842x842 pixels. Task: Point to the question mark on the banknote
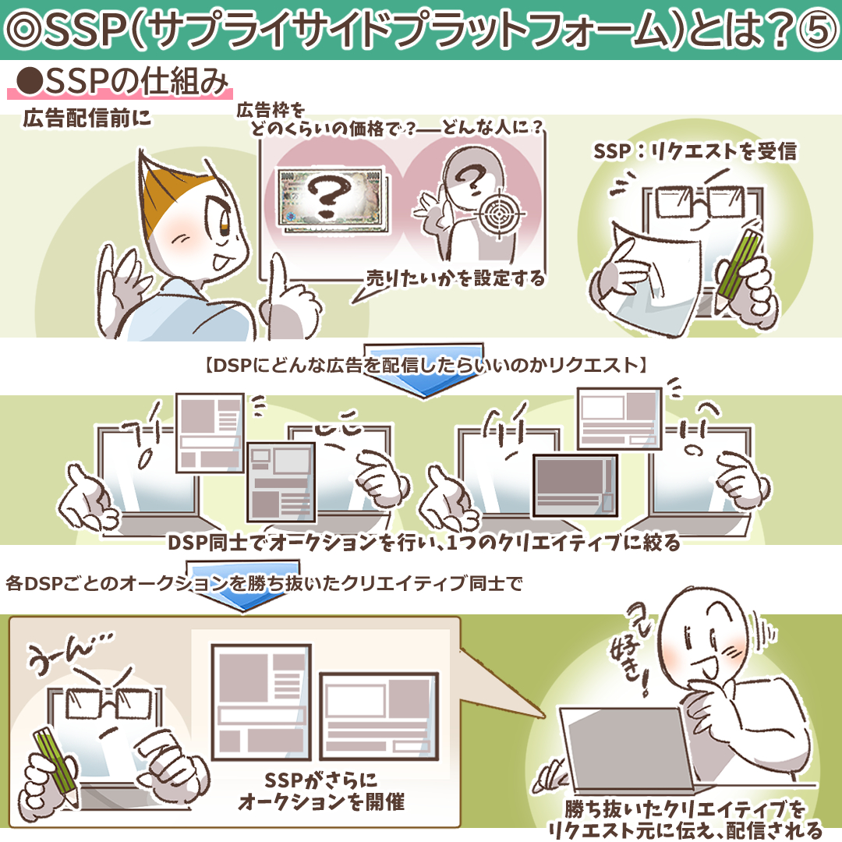[328, 196]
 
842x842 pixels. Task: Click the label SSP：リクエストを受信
[695, 151]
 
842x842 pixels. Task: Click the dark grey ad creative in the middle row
[575, 486]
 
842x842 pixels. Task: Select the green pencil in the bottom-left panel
[55, 766]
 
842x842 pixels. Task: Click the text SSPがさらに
[320, 780]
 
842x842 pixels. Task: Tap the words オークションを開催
[321, 802]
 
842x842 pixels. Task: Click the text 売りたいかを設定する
[455, 278]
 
